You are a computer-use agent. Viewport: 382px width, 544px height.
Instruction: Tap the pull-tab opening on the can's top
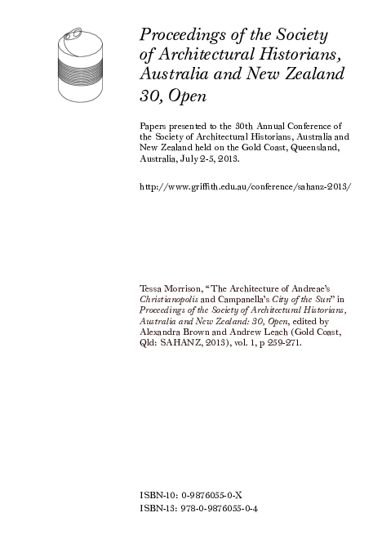(73, 34)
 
